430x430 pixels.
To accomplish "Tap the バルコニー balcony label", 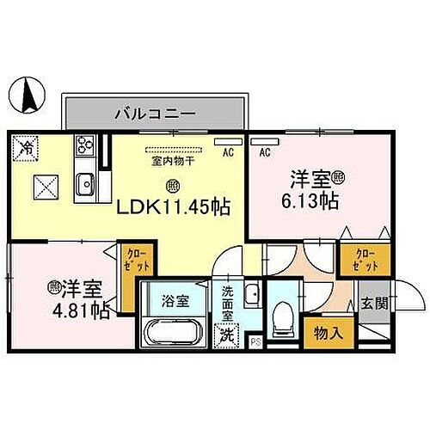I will point(155,114).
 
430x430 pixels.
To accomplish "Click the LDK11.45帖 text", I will point(173,207).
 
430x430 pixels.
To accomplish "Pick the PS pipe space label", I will point(255,341).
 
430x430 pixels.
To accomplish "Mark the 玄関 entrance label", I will point(373,304).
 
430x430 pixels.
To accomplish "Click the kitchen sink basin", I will point(85,184).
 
